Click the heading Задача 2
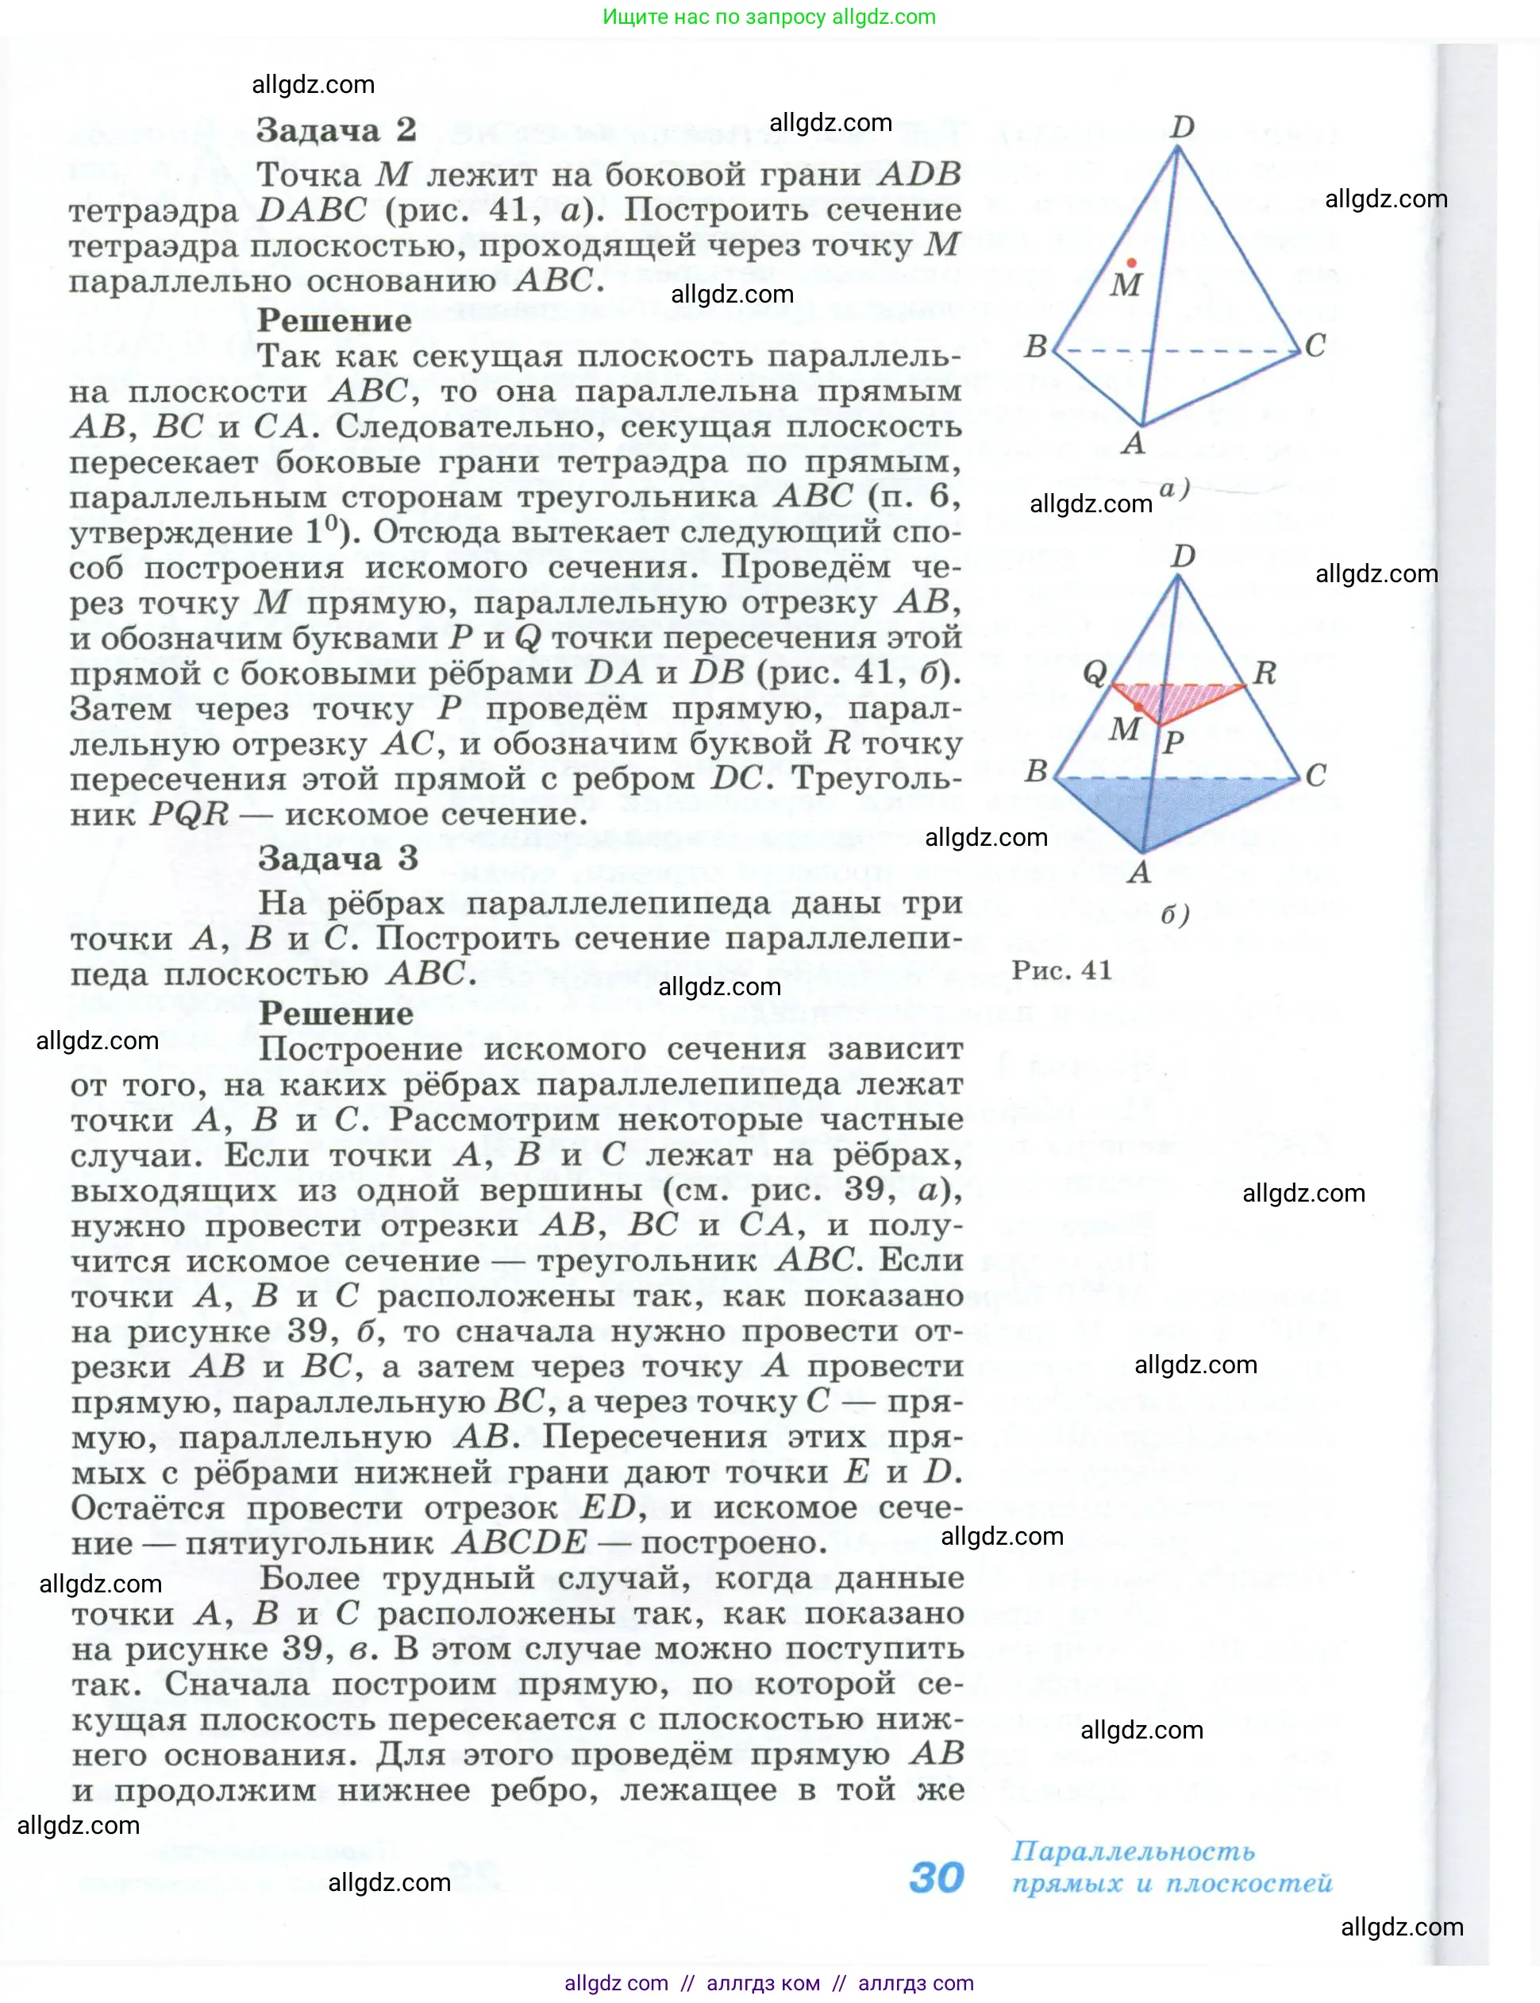336,130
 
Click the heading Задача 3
337,859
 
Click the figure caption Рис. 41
1061,971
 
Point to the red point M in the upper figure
1132,263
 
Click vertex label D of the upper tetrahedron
1183,126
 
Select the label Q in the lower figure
1095,673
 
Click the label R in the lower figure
1265,673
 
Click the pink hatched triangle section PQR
1178,698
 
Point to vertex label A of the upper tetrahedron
1134,444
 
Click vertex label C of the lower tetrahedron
1315,776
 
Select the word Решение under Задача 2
334,321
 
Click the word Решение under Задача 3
336,1013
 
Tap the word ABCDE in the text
519,1542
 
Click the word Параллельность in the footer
1133,1851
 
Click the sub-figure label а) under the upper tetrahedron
1174,488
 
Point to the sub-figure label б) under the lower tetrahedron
1174,914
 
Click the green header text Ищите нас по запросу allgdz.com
769,17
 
